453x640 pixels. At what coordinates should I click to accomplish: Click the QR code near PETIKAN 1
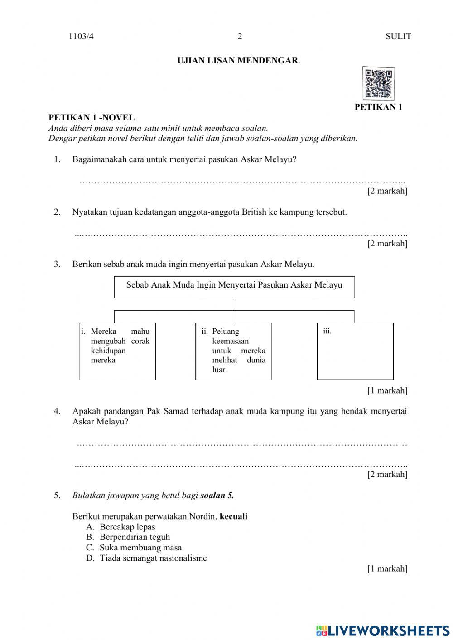[x=378, y=84]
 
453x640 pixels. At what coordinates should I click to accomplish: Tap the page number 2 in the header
[x=240, y=37]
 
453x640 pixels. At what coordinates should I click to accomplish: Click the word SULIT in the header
[x=398, y=37]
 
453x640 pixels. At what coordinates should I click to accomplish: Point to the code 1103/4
[x=81, y=37]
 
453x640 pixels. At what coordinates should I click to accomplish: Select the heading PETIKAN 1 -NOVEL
[x=92, y=118]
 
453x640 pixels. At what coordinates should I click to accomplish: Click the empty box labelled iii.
[x=355, y=351]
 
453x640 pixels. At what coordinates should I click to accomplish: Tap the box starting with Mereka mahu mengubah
[x=117, y=351]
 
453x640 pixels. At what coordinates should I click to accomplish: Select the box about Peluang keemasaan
[x=233, y=351]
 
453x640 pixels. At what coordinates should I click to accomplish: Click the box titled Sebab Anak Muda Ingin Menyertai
[x=234, y=286]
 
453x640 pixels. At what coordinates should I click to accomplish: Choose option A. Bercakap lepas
[x=121, y=527]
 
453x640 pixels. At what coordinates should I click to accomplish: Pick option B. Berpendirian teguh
[x=128, y=537]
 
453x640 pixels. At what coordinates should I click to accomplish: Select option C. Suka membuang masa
[x=134, y=548]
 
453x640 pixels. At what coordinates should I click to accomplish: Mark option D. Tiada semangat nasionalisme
[x=147, y=558]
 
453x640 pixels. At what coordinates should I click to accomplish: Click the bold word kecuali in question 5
[x=233, y=516]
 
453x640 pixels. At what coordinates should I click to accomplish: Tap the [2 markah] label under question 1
[x=387, y=191]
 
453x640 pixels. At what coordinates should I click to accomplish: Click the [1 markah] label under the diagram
[x=387, y=390]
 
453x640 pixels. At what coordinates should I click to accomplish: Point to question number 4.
[x=57, y=411]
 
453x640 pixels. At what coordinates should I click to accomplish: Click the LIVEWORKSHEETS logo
[x=383, y=630]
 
